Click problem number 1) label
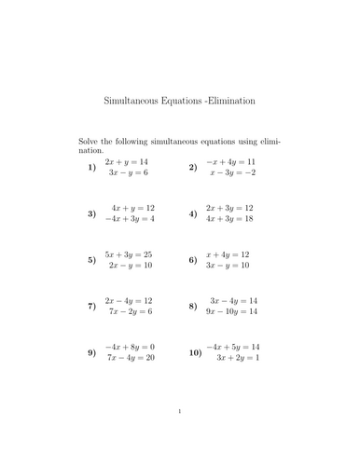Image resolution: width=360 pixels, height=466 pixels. click(91, 168)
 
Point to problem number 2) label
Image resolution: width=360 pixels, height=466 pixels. click(192, 168)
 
